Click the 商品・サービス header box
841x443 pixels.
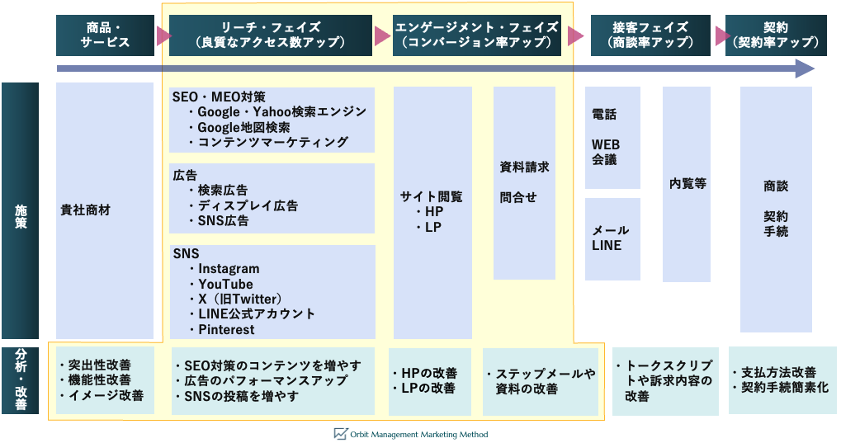(x=105, y=35)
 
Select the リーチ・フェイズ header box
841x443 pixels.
(x=272, y=35)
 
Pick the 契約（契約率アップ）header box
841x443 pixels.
(x=776, y=35)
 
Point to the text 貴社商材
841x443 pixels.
(x=86, y=210)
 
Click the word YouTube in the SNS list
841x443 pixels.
(x=225, y=284)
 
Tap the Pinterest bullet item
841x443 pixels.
(x=226, y=329)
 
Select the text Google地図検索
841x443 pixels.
(x=243, y=127)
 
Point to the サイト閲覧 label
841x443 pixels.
(x=432, y=196)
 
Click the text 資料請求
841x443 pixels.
(x=524, y=167)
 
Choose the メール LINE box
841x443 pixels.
(x=612, y=238)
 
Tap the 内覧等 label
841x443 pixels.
(x=687, y=183)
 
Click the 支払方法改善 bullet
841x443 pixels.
(x=778, y=372)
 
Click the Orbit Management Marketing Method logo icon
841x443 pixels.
(x=340, y=434)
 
